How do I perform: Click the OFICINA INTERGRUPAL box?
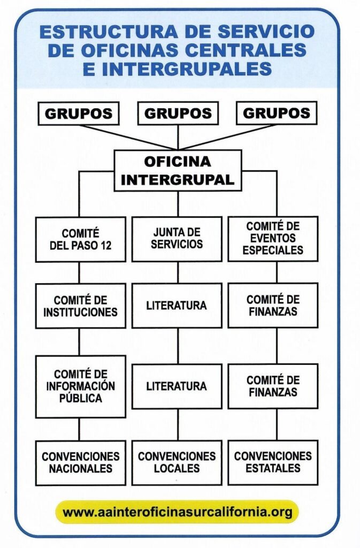click(x=178, y=170)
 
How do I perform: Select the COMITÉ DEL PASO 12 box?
click(x=81, y=239)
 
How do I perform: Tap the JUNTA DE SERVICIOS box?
click(x=177, y=239)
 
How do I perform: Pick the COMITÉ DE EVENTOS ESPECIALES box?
click(x=273, y=239)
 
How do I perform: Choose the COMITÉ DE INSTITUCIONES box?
click(x=81, y=306)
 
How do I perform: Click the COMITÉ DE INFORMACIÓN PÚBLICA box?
click(x=81, y=386)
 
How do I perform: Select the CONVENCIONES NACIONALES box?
click(x=81, y=462)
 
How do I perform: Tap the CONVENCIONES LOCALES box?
click(x=177, y=462)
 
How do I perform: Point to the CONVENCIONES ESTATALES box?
click(x=273, y=462)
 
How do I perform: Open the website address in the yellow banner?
click(x=178, y=512)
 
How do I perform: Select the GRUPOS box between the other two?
click(x=178, y=113)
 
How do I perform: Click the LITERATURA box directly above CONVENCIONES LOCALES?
click(x=177, y=386)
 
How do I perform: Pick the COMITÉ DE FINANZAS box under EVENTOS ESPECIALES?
click(x=273, y=306)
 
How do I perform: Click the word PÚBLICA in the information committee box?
click(x=81, y=399)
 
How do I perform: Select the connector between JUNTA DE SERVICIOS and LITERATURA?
click(x=178, y=272)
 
